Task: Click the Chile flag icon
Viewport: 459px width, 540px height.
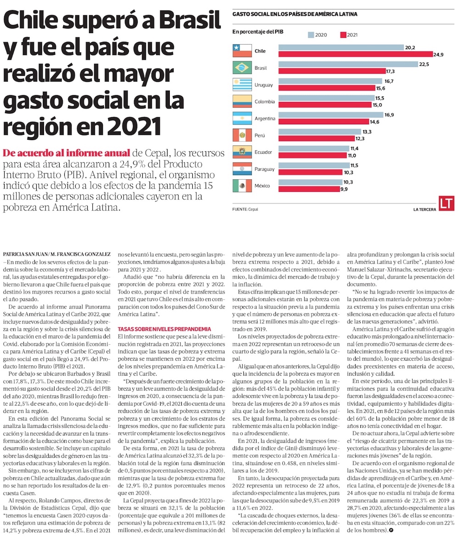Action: pos(242,51)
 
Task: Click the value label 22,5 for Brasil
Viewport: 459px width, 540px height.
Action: pos(424,64)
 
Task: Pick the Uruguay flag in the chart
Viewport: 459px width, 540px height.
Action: pos(242,85)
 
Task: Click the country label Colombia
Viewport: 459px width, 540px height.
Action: pos(265,102)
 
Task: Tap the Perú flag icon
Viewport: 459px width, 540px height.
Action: pos(242,136)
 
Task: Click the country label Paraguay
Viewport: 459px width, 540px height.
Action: pos(265,169)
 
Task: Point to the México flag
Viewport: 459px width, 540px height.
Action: pos(242,186)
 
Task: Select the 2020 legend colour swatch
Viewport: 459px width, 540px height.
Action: pos(311,35)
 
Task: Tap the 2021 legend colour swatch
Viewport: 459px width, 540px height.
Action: pos(342,35)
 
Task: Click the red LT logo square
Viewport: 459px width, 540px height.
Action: pos(446,204)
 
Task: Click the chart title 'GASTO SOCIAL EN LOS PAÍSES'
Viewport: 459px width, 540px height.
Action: pos(295,14)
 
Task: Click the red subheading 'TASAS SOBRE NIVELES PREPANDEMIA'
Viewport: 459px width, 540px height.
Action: pos(164,329)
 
